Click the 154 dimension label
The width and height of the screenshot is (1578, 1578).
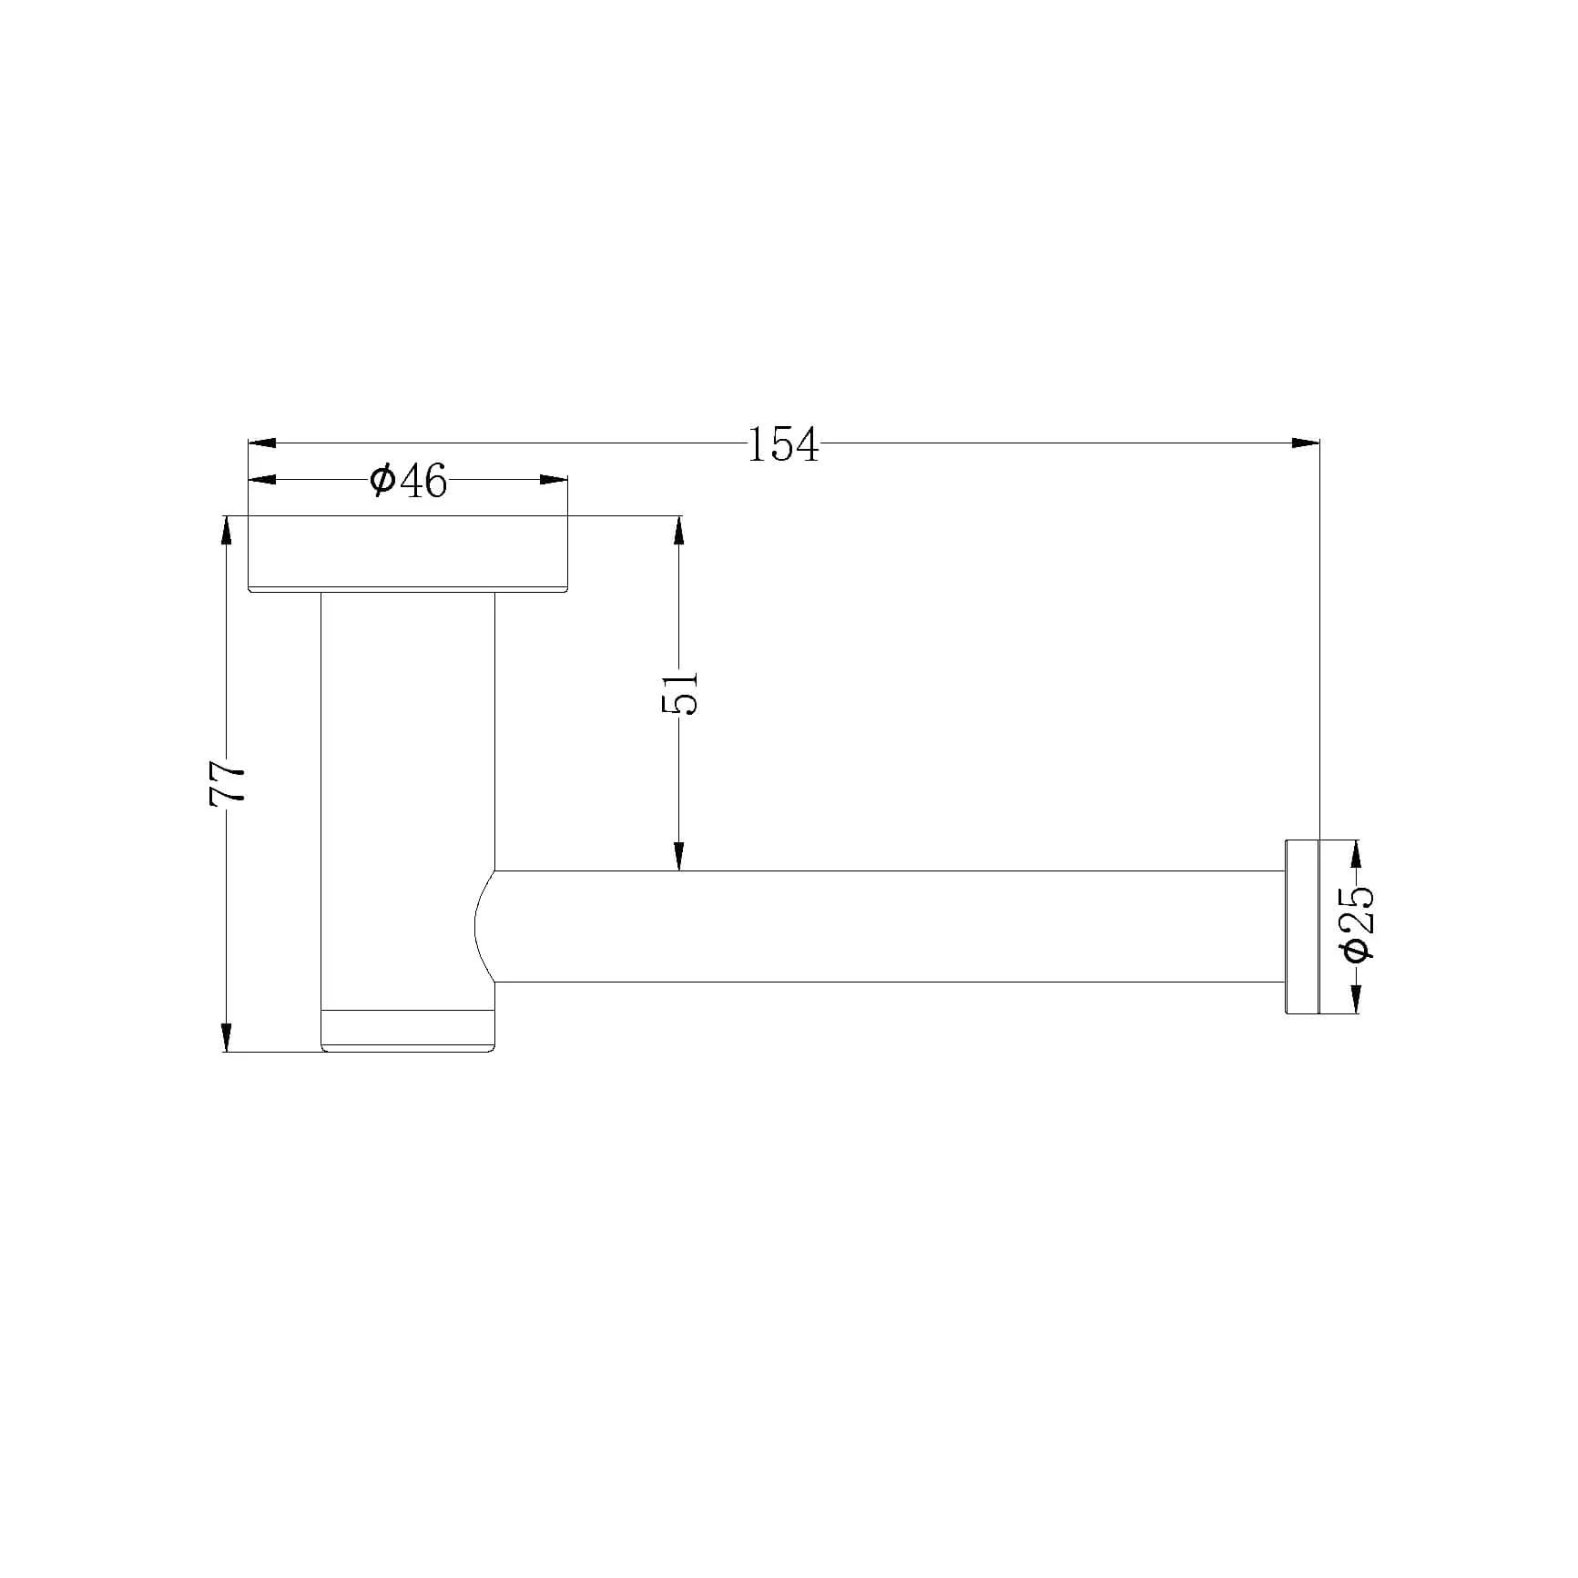[x=782, y=444]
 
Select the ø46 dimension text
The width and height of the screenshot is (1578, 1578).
[x=409, y=480]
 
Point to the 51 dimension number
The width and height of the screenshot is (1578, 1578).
[x=679, y=693]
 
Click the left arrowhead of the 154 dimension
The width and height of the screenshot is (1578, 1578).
[x=262, y=443]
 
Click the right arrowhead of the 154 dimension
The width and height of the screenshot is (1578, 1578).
[x=1306, y=443]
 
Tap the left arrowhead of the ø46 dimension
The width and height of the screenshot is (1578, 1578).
[x=262, y=480]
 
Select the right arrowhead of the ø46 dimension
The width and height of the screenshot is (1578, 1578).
[x=554, y=480]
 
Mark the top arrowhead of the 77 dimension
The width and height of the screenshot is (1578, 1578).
[x=227, y=530]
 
